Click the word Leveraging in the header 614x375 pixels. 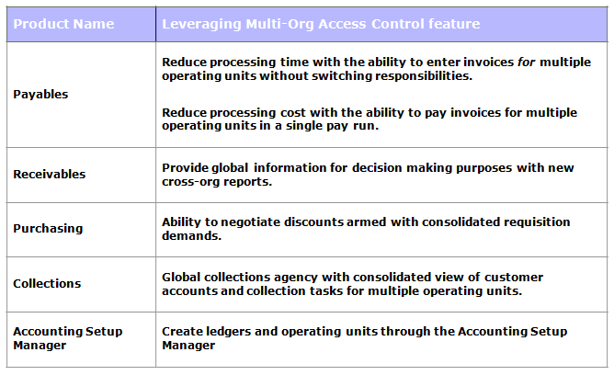tap(199, 24)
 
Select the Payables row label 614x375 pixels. tap(40, 94)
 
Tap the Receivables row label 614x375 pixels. tap(49, 173)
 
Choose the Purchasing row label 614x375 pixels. tap(47, 229)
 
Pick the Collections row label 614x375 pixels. tap(47, 284)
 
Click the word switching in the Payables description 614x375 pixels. tap(335, 76)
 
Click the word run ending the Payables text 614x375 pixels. tap(367, 127)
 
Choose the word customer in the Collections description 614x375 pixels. tap(513, 278)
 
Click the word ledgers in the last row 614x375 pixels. tap(221, 332)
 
